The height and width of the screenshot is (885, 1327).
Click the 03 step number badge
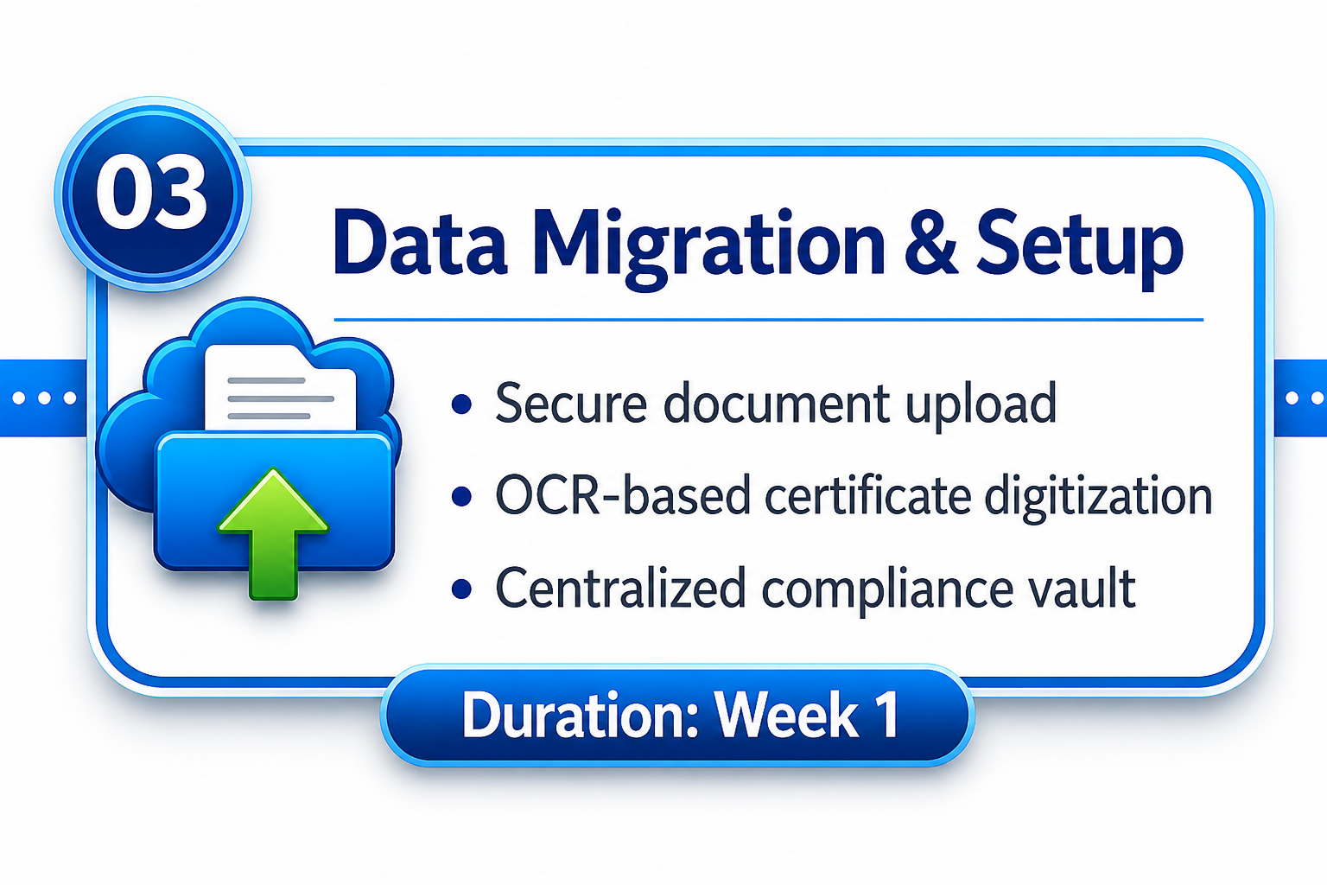[x=153, y=194]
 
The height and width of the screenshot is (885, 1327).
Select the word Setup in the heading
[x=1079, y=249]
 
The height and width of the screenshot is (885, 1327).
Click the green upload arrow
[x=273, y=533]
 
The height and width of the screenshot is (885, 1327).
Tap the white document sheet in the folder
[x=280, y=388]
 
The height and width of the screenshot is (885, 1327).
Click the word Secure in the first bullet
[x=570, y=403]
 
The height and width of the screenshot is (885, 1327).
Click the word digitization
[x=1098, y=497]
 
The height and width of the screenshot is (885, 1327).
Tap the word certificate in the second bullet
[x=868, y=495]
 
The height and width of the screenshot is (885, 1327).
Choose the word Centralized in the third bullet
[x=619, y=588]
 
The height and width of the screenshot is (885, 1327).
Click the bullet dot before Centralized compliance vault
[x=460, y=589]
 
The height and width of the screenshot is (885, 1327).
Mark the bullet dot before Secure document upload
[x=460, y=404]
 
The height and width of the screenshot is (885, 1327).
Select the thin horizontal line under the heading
[x=768, y=320]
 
